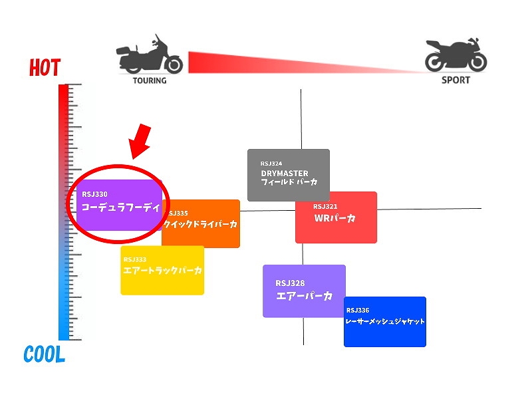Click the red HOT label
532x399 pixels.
45,68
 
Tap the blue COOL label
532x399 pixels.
45,354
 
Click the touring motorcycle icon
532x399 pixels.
150,55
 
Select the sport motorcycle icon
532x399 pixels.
456,55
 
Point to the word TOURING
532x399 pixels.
150,80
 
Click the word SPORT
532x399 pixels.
456,80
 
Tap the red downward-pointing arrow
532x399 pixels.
139,141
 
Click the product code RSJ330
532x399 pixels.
95,194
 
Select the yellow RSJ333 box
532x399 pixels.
162,270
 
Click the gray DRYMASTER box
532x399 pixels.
288,174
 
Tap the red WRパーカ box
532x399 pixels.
336,217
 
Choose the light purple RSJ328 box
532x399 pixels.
304,291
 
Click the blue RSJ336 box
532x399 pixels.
384,322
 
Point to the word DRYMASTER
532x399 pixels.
285,174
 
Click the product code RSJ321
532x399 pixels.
325,206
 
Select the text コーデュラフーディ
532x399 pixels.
120,207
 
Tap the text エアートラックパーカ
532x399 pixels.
163,271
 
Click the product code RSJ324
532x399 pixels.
271,163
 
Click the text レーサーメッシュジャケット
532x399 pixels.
385,321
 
